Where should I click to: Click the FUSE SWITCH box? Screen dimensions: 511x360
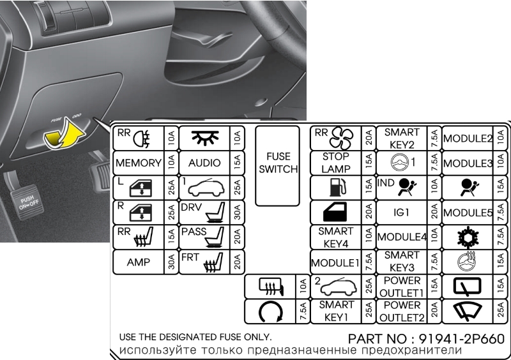pyautogui.click(x=278, y=166)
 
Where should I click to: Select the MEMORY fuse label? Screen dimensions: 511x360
pyautogui.click(x=139, y=163)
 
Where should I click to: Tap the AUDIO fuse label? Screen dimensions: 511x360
pyautogui.click(x=204, y=163)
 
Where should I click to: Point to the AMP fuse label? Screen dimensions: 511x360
pyautogui.click(x=139, y=262)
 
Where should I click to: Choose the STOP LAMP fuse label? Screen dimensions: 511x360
pyautogui.click(x=336, y=163)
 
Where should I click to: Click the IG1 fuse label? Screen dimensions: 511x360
pyautogui.click(x=401, y=213)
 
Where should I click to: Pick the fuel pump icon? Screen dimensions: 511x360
pyautogui.click(x=339, y=187)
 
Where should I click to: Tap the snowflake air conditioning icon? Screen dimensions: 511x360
pyautogui.click(x=468, y=237)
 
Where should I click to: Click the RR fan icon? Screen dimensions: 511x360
pyautogui.click(x=341, y=138)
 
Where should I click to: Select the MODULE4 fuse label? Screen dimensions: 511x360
pyautogui.click(x=402, y=237)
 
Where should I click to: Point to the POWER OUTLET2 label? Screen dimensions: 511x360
pyautogui.click(x=402, y=311)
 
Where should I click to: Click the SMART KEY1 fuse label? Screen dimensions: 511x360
pyautogui.click(x=336, y=311)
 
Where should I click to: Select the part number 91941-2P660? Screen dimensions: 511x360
pyautogui.click(x=461, y=339)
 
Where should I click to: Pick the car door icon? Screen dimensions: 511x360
pyautogui.click(x=335, y=213)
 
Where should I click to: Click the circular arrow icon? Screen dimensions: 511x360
pyautogui.click(x=270, y=312)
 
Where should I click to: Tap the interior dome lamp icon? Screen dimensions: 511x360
pyautogui.click(x=205, y=138)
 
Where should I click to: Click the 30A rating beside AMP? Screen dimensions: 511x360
pyautogui.click(x=171, y=262)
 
